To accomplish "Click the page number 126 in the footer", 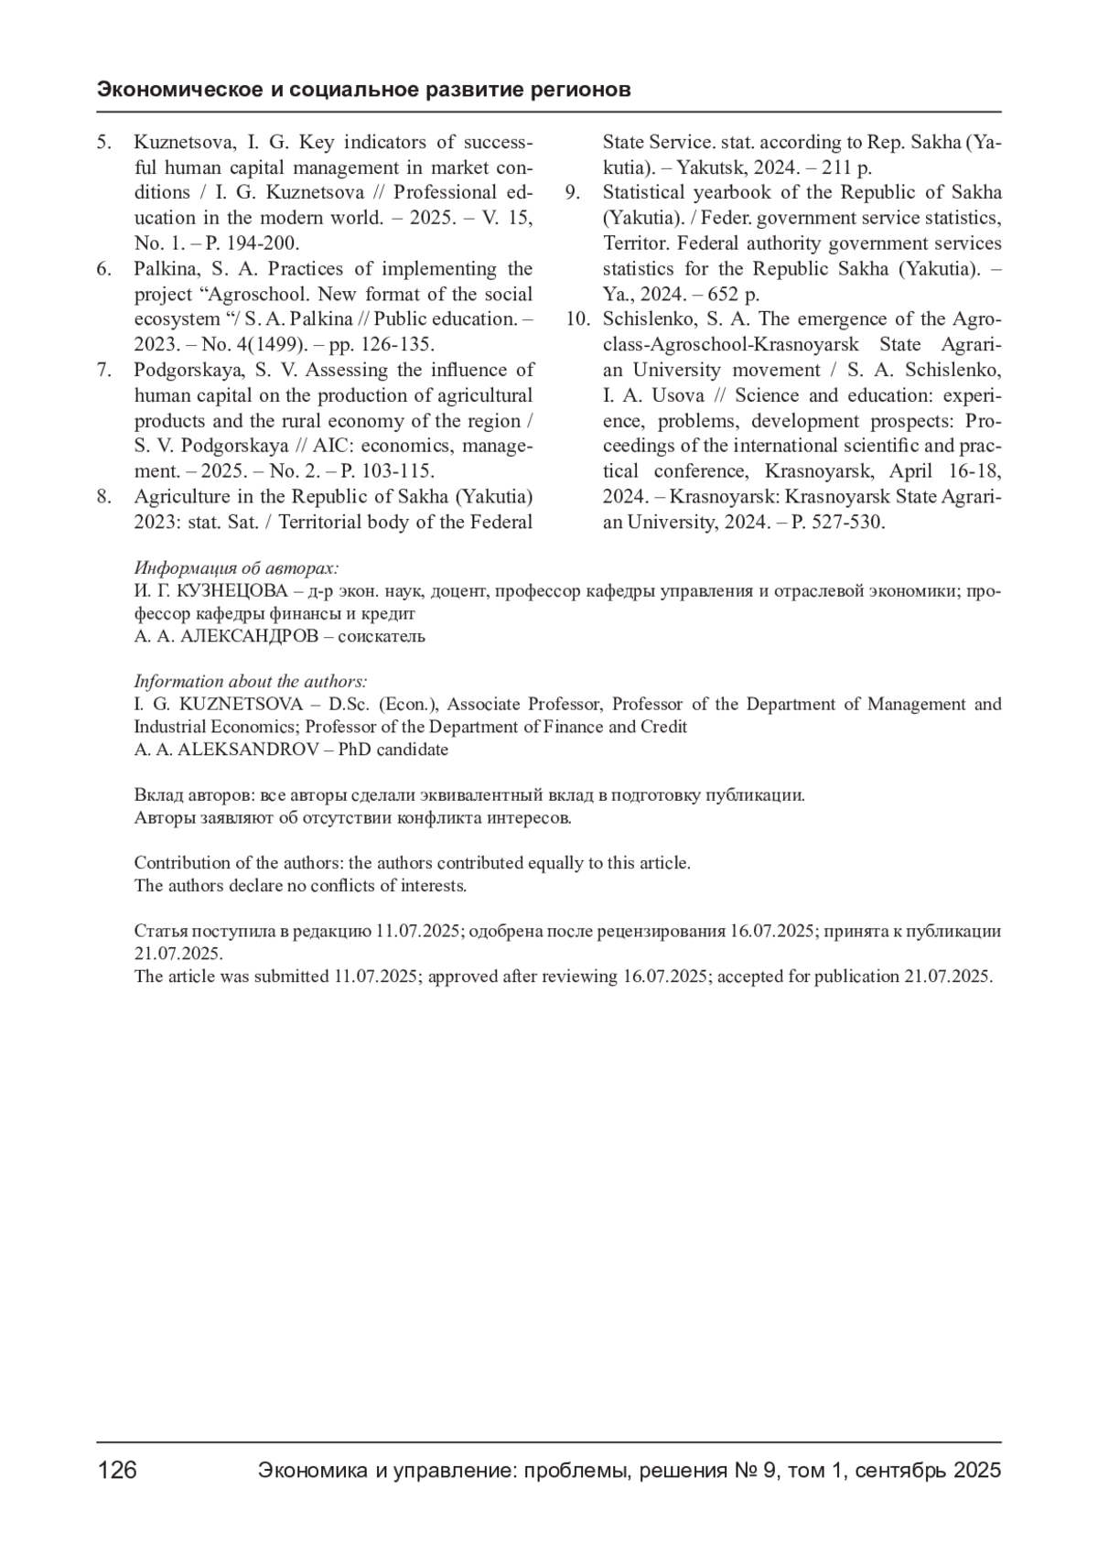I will point(117,1470).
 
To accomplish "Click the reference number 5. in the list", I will point(104,142).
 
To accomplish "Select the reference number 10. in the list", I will point(576,319).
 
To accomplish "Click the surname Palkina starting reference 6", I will point(165,269).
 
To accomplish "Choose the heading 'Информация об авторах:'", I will point(236,567).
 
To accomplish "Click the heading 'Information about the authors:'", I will point(251,681).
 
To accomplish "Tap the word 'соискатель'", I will point(382,636).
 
